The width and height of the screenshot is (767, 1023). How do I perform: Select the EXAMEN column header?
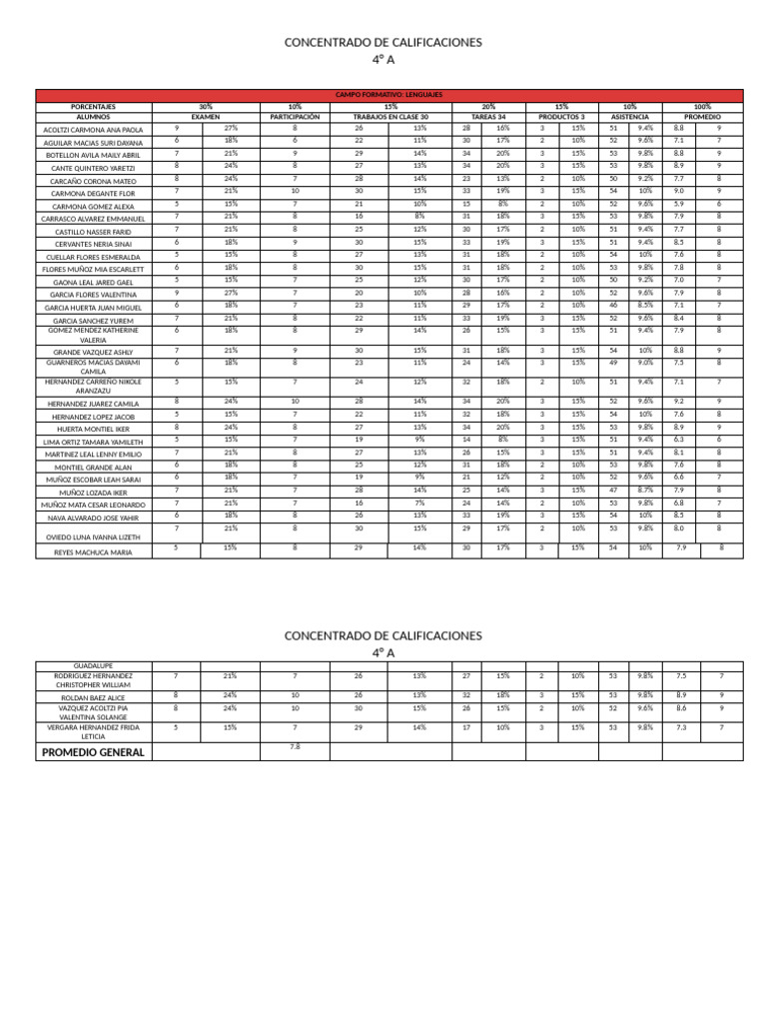[205, 117]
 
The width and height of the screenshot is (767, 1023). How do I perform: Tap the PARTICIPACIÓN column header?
[295, 117]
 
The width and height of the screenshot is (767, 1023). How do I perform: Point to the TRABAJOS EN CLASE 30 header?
[390, 117]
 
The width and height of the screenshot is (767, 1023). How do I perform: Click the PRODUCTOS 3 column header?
[561, 117]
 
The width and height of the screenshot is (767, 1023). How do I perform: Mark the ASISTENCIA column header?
[629, 117]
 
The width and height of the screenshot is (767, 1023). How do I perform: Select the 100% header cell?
[701, 106]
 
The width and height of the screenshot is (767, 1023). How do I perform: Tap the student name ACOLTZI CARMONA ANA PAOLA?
[94, 130]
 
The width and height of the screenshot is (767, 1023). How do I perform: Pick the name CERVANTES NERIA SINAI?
[94, 244]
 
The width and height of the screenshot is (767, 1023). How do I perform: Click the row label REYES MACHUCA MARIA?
[94, 551]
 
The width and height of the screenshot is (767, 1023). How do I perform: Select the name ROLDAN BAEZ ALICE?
[94, 697]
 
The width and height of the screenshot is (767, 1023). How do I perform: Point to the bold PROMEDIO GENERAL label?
[94, 752]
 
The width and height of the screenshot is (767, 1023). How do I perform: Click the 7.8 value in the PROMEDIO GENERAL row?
[295, 746]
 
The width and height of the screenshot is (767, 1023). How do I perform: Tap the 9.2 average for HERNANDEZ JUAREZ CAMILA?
[680, 401]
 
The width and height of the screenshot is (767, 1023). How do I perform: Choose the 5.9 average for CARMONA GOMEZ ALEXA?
[680, 204]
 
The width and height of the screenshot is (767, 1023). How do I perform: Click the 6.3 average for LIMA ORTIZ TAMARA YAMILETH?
[680, 439]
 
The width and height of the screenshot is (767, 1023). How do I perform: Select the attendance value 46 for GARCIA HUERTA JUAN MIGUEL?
[613, 305]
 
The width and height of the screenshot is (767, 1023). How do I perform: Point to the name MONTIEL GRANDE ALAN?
[94, 467]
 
